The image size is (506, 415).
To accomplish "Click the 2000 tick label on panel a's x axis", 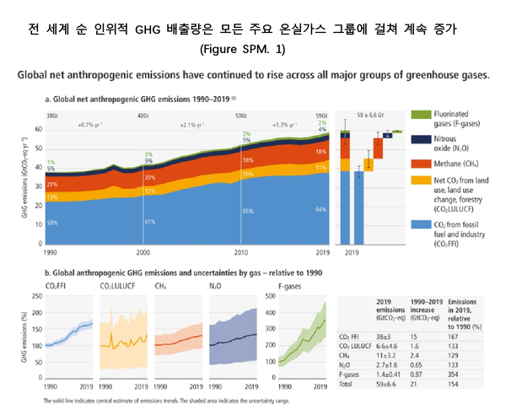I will [144, 252].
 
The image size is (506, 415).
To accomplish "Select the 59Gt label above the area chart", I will [320, 114].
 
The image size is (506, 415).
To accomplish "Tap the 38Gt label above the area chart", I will [52, 114].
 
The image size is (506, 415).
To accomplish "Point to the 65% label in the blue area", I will [248, 211].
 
